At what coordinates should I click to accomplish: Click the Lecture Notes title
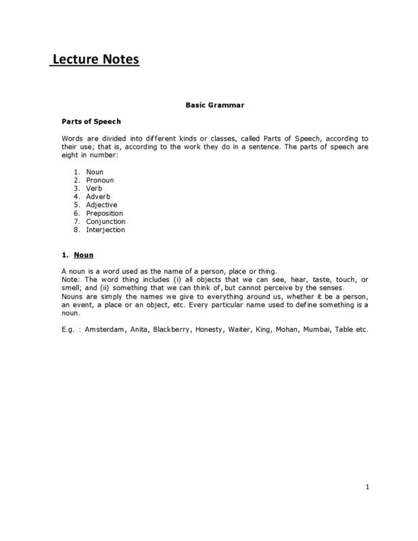[x=95, y=60]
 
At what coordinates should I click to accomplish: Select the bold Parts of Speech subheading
[x=91, y=122]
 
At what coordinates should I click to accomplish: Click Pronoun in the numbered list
[x=100, y=181]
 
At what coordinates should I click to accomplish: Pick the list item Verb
[x=94, y=189]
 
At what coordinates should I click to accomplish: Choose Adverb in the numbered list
[x=98, y=197]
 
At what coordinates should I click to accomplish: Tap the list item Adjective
[x=101, y=206]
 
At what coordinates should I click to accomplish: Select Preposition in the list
[x=105, y=214]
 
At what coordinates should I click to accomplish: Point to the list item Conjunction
[x=106, y=222]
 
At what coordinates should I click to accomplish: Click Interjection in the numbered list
[x=106, y=230]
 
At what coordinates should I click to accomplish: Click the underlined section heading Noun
[x=83, y=256]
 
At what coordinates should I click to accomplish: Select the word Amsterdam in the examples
[x=111, y=329]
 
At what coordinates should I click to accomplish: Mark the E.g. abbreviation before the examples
[x=69, y=329]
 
